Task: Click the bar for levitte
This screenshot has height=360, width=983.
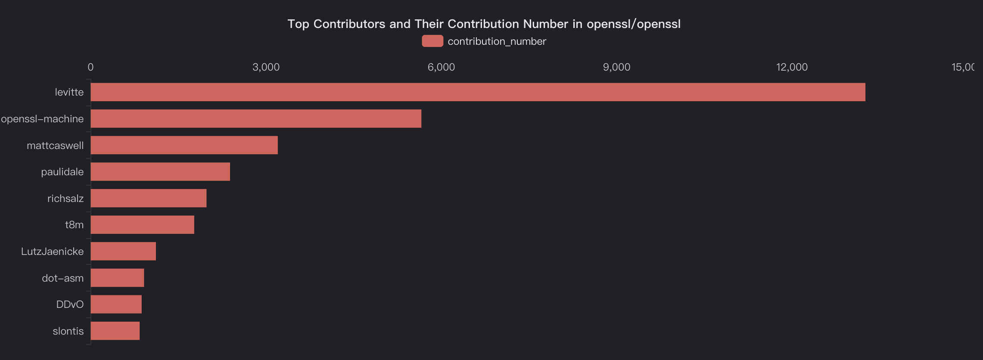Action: (478, 92)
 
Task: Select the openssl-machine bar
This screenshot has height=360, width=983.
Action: (256, 119)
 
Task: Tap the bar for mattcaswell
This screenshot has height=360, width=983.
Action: (184, 145)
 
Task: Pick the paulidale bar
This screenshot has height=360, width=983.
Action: (160, 172)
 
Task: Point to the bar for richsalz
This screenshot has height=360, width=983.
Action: (149, 199)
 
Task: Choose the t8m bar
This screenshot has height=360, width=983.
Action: (142, 225)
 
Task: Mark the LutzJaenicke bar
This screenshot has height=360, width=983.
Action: (123, 251)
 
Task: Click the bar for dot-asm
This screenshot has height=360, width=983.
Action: (117, 278)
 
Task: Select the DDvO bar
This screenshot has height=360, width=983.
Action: (116, 304)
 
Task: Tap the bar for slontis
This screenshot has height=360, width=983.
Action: (115, 331)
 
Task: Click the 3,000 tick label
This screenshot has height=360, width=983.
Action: (266, 67)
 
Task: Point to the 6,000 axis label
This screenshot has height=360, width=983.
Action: (441, 67)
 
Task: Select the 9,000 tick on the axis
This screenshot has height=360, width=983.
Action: (616, 67)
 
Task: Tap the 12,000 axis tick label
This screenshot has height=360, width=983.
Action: (792, 67)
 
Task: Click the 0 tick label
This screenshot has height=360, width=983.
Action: (90, 67)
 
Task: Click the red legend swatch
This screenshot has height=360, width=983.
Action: (432, 41)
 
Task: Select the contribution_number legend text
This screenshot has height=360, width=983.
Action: (497, 41)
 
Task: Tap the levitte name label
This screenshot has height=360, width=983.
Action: (69, 92)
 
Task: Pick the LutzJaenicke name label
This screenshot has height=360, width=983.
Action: (52, 251)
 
